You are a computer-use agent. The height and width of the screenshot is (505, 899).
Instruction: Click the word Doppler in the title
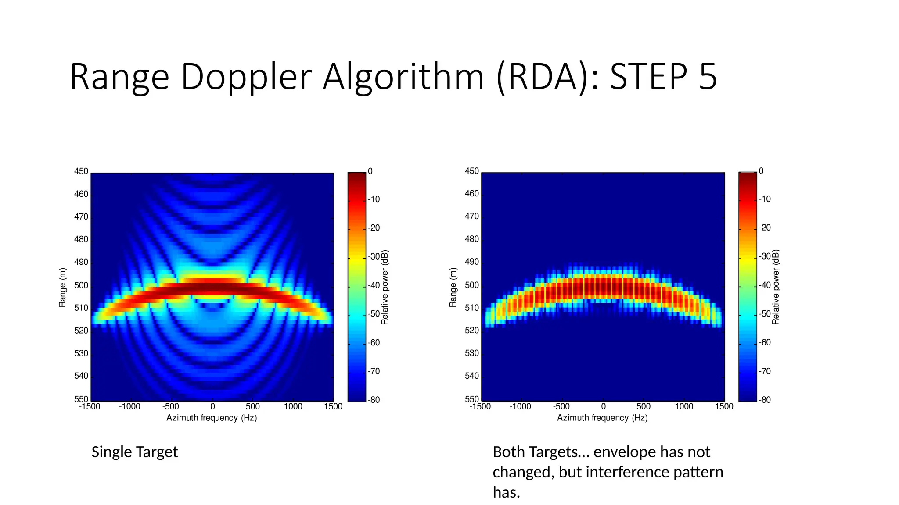[x=246, y=78]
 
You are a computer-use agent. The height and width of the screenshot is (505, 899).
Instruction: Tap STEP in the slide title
[x=648, y=78]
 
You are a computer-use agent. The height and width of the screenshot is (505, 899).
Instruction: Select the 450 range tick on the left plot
[x=81, y=171]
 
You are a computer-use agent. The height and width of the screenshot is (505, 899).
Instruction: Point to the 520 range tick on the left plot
[x=81, y=331]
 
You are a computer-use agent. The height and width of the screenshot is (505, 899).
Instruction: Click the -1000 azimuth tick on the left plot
[x=129, y=407]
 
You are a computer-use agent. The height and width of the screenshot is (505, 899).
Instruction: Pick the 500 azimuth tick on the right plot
[x=643, y=407]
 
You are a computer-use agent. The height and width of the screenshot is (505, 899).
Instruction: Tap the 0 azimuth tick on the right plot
[x=603, y=407]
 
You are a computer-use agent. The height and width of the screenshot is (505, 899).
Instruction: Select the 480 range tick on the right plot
[x=472, y=239]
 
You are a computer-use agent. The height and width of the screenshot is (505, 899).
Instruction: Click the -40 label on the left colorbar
[x=374, y=285]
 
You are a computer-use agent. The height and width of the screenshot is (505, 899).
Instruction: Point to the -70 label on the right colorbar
[x=765, y=371]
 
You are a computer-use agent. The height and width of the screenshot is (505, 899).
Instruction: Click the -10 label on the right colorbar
[x=765, y=199]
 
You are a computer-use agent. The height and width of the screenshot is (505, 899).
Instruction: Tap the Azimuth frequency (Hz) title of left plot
[x=212, y=418]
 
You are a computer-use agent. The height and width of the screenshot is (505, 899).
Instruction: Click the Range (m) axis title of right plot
[x=453, y=287]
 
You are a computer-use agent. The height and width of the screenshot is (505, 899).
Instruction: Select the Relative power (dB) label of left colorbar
[x=385, y=287]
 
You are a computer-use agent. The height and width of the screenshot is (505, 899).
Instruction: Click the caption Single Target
[x=134, y=452]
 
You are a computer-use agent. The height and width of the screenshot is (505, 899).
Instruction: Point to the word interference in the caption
[x=627, y=472]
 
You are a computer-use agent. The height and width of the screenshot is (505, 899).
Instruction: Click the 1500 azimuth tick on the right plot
[x=724, y=407]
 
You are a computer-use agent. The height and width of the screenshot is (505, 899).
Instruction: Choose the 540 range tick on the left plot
[x=81, y=376]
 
